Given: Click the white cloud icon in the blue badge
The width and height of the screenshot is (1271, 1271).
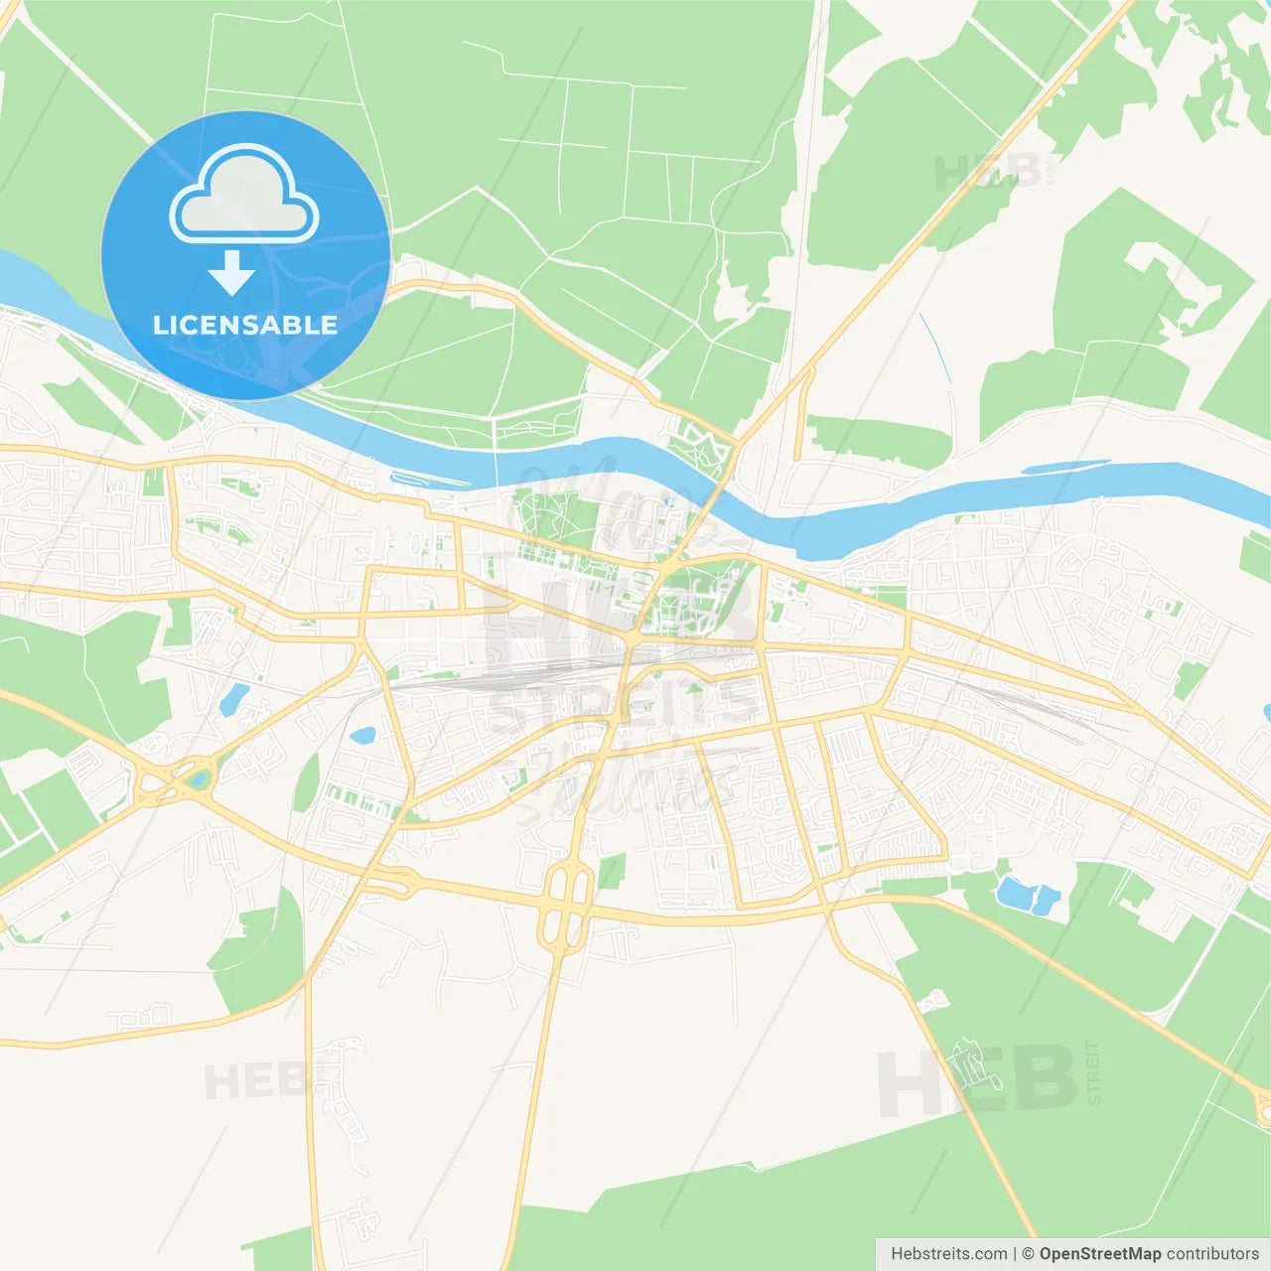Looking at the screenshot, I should point(244,195).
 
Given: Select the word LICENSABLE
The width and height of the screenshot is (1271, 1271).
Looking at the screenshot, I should point(244,325).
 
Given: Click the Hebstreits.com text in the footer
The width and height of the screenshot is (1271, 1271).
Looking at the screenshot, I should point(948,1254).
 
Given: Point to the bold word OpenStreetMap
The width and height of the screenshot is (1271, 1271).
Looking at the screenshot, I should point(1099,1254).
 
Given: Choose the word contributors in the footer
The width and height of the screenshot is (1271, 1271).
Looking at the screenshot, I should point(1212,1254).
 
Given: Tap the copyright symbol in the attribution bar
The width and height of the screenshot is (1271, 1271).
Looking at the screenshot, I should point(1028,1254).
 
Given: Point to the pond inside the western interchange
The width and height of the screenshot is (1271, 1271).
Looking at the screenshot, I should point(202,779).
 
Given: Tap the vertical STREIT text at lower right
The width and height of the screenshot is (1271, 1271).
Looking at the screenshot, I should point(1093,1072).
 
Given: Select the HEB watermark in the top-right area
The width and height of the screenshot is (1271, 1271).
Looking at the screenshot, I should point(988,172).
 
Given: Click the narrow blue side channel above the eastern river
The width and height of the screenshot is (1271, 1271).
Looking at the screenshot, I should point(1065,466).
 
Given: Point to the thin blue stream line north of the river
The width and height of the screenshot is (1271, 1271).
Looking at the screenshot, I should point(934,348).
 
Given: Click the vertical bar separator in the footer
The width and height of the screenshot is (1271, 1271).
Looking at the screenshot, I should point(1014,1254).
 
